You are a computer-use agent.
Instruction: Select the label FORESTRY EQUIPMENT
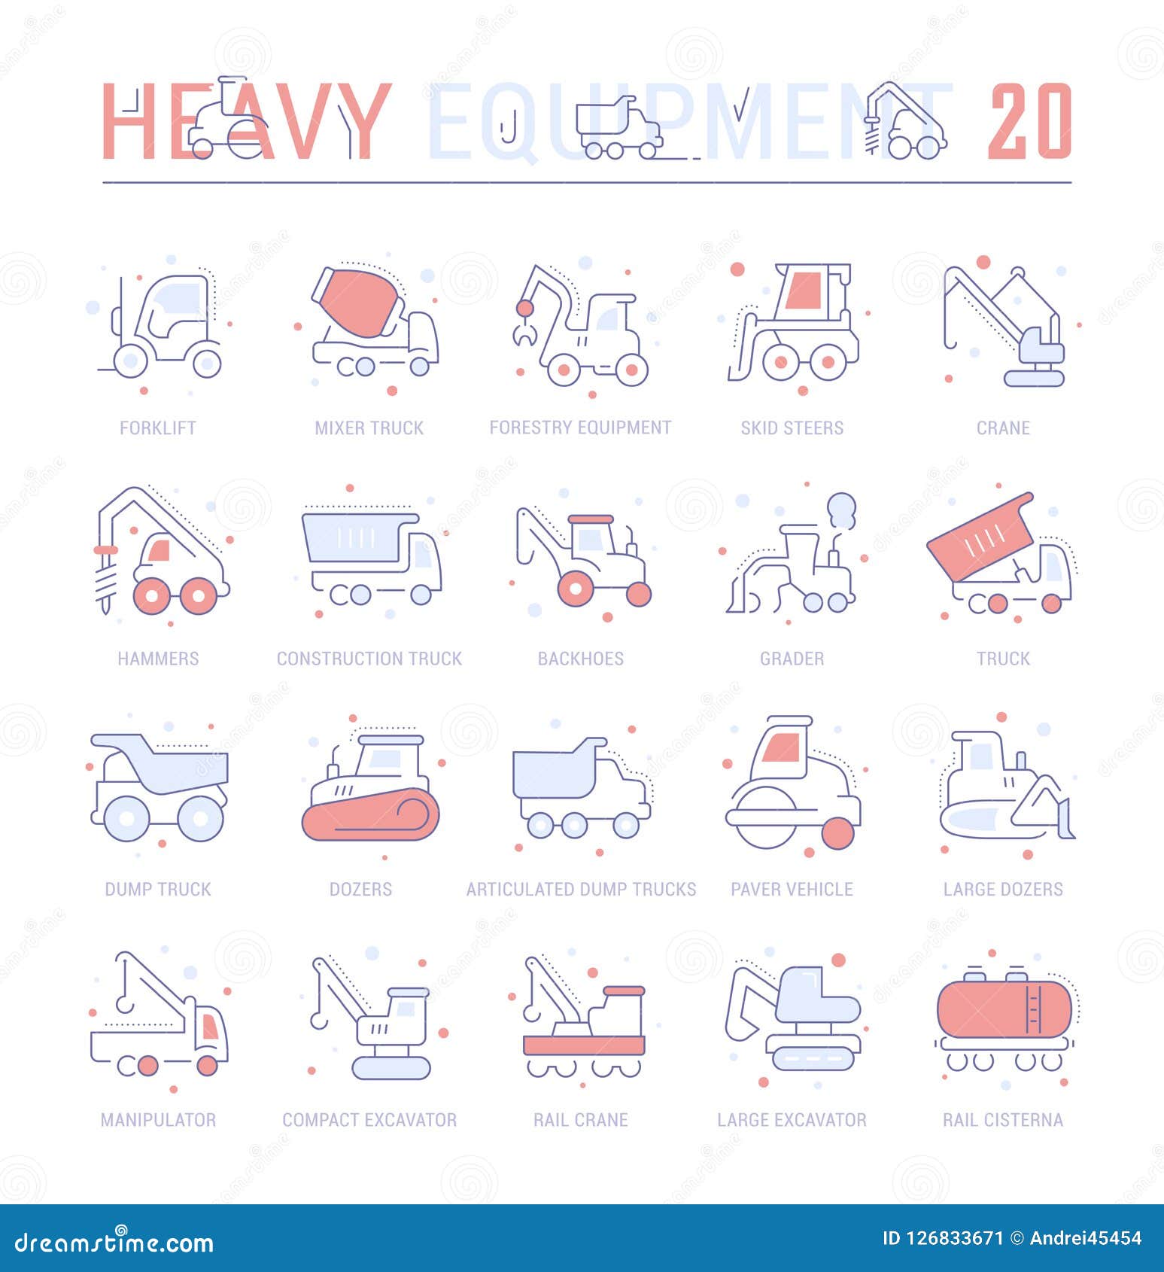580,428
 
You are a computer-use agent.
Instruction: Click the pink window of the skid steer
802,290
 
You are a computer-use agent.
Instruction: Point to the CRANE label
1003,428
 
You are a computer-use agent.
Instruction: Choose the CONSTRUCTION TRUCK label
369,659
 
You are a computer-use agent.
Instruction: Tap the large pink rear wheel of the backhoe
576,587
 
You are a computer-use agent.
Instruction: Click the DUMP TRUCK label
158,889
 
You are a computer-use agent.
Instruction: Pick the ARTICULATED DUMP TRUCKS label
581,889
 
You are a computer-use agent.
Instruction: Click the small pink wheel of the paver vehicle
838,833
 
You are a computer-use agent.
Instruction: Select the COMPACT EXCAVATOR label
369,1120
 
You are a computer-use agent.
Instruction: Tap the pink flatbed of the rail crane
584,1045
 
